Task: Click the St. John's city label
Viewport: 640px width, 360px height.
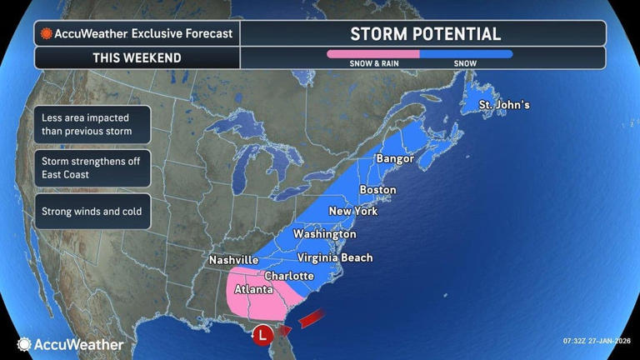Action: point(503,105)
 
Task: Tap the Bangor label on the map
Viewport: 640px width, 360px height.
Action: point(395,158)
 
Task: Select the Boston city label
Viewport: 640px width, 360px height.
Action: point(377,190)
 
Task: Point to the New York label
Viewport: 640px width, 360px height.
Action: point(353,211)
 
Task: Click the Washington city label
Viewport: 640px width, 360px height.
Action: point(324,234)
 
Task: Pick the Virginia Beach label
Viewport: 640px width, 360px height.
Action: point(334,257)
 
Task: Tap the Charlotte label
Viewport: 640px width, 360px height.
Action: point(288,276)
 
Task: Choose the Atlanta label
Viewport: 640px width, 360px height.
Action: point(253,290)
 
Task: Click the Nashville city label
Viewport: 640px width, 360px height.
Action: point(233,260)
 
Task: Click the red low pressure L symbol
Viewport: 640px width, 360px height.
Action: point(263,334)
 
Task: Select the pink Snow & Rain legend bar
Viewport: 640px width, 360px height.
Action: point(372,54)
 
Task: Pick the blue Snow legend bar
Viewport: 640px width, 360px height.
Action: point(466,54)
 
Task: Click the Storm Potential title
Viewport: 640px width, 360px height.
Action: point(425,34)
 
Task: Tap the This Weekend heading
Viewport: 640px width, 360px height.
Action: point(138,58)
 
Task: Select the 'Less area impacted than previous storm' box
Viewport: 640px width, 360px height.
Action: point(92,124)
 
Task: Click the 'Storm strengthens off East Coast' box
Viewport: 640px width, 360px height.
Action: point(92,168)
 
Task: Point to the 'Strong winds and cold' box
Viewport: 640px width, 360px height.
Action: point(92,212)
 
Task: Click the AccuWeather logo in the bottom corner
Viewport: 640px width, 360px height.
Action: point(70,344)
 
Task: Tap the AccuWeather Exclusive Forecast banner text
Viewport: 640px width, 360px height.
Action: point(137,34)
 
